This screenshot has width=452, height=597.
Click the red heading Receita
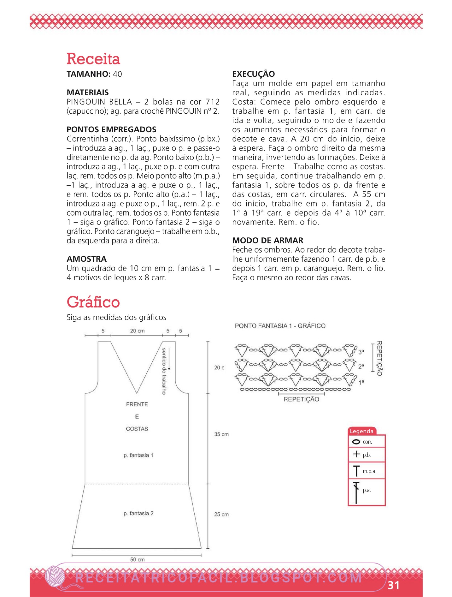coord(93,59)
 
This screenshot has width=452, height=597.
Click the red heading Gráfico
coord(93,302)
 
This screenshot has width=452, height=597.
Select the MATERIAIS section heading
coord(88,93)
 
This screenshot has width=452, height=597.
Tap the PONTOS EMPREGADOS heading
coord(111,129)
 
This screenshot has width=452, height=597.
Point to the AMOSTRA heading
coord(87,259)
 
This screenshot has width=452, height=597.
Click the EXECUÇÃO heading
coord(253,74)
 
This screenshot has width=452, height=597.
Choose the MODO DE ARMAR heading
coord(267,241)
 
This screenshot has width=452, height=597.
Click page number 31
coord(393,585)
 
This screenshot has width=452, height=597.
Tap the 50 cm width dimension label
coord(137,559)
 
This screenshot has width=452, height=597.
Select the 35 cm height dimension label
coord(221,434)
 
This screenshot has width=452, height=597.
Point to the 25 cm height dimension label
coord(221,514)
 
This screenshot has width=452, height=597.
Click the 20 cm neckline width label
coord(137,331)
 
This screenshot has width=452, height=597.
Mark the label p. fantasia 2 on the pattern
coord(138,513)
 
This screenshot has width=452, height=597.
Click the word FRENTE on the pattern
coord(137,404)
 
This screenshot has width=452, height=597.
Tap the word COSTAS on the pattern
coord(137,429)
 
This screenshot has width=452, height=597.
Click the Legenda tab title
coord(361,431)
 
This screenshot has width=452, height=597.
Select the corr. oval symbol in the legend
coord(356,442)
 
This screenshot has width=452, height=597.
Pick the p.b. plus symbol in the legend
coord(356,454)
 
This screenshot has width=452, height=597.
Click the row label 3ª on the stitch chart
coord(361,352)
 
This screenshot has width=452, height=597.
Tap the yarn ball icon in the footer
coord(55,576)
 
